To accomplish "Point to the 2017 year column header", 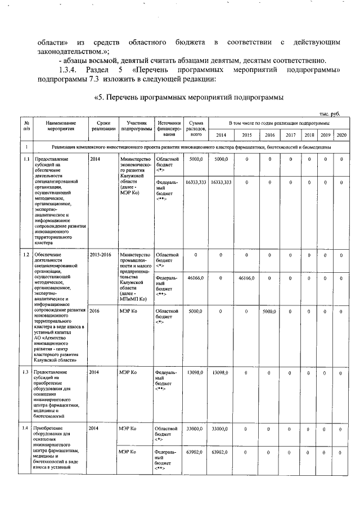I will click(x=290, y=135).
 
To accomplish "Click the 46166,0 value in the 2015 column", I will click(x=246, y=278).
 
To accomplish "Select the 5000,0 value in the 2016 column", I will click(x=269, y=310).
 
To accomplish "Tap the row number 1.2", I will click(x=26, y=255).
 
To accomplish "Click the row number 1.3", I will click(x=26, y=372).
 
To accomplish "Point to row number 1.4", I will click(x=26, y=429).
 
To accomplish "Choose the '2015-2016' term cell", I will click(x=100, y=255).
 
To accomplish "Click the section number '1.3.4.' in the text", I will click(x=69, y=70).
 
